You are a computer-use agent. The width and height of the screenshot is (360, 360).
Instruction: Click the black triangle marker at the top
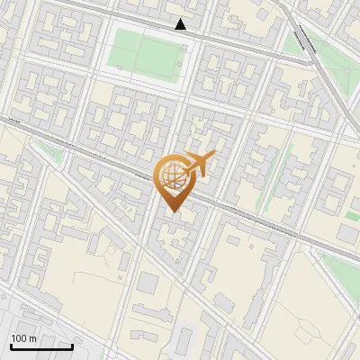(x=181, y=23)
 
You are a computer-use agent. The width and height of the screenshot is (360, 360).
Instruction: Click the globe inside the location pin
(x=171, y=178)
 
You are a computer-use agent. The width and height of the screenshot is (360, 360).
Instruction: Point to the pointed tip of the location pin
(x=171, y=211)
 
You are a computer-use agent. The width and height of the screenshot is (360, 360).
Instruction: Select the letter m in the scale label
(x=32, y=338)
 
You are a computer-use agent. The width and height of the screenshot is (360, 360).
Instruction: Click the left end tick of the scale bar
(x=12, y=346)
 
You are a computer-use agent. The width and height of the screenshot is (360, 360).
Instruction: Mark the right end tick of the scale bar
(x=72, y=346)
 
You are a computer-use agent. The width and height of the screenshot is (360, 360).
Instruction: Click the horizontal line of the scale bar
(x=41, y=346)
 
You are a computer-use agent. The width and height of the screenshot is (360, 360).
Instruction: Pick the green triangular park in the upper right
(x=296, y=41)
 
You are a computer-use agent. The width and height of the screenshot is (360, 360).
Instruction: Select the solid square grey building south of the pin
(x=147, y=284)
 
